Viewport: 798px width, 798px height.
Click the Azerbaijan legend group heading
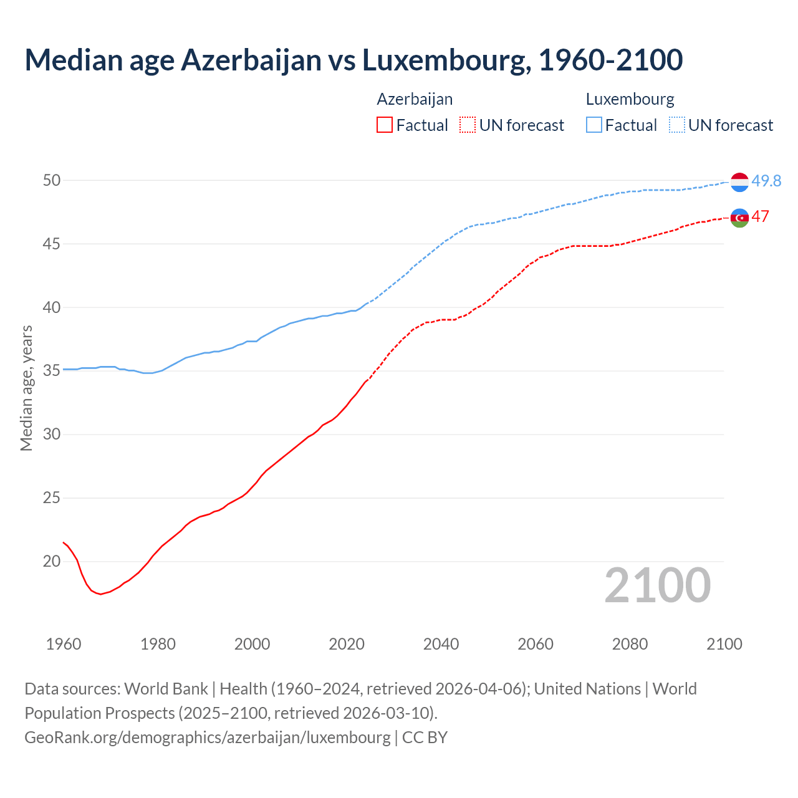point(415,99)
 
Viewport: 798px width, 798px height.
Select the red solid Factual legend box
point(385,125)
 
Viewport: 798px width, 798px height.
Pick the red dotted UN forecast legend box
point(468,125)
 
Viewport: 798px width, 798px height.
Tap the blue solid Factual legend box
point(594,125)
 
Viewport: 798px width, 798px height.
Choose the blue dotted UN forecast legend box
point(676,125)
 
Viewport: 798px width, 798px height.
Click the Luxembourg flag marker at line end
point(739,182)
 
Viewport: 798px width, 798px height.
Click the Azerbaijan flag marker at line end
point(739,218)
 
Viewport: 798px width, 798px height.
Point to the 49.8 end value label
point(766,181)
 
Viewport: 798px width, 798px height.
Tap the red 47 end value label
point(760,216)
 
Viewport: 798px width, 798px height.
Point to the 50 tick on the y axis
point(52,180)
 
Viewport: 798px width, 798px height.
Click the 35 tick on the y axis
point(52,370)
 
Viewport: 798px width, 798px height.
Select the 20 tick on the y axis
point(52,561)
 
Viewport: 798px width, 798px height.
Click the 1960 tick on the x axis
point(64,644)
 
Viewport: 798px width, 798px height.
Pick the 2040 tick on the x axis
point(441,644)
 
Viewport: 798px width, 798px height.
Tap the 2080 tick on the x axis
point(630,644)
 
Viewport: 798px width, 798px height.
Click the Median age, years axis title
point(26,388)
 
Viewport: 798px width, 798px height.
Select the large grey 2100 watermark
point(657,585)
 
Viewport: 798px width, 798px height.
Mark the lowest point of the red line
point(100,594)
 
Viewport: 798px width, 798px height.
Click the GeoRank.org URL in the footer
point(208,737)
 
